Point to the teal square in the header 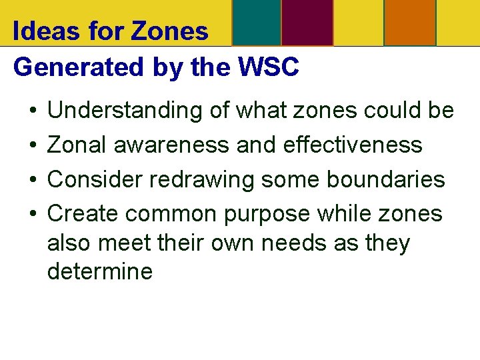pos(256,22)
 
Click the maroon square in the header pos(307,22)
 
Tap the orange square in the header pos(410,22)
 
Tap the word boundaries pos(389,179)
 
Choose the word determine pos(100,271)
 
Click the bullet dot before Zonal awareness pos(33,145)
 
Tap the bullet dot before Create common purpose pos(33,214)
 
